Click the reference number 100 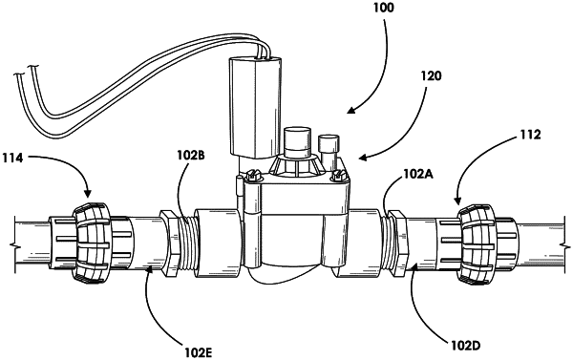(384, 8)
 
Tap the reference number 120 (432, 76)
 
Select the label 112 (530, 135)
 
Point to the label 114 (12, 158)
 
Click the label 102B (191, 155)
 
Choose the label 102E (199, 352)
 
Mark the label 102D (466, 346)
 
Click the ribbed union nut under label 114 (94, 244)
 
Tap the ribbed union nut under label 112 (477, 244)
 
